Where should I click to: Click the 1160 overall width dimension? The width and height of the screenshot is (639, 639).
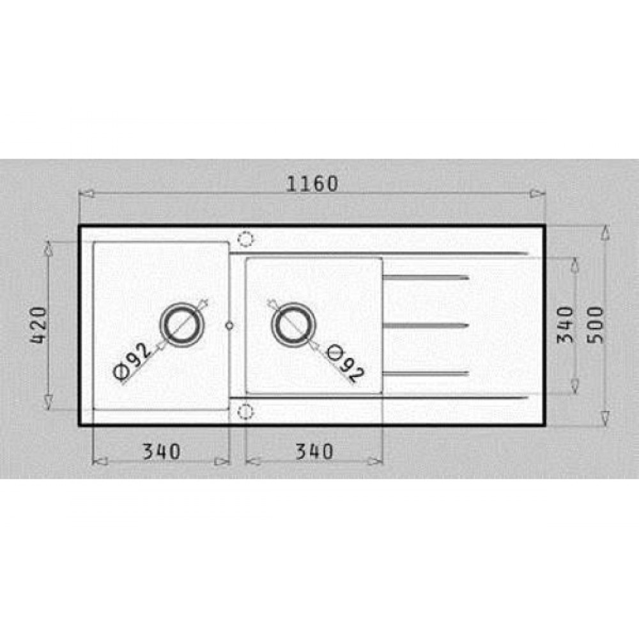click(312, 184)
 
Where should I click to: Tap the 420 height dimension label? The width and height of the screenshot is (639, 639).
click(39, 325)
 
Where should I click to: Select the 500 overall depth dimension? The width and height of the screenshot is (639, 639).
click(596, 325)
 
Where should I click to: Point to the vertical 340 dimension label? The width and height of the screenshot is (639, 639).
click(566, 325)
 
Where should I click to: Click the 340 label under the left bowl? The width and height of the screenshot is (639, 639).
click(162, 452)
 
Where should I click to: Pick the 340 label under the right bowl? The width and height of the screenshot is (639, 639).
click(314, 452)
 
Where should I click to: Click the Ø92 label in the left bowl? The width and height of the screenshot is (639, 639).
click(131, 362)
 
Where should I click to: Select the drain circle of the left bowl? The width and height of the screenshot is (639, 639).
click(181, 303)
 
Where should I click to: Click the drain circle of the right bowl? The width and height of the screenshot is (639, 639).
click(293, 303)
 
